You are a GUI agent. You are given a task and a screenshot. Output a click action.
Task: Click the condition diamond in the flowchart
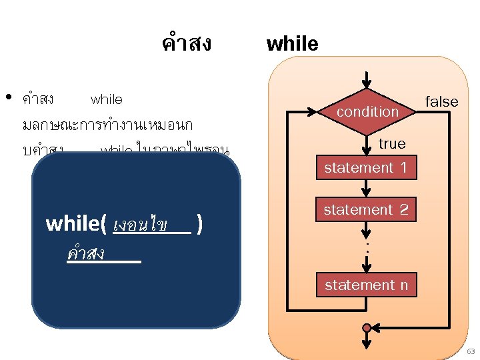(367, 112)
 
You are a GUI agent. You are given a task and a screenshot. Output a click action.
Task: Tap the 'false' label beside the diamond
(441, 101)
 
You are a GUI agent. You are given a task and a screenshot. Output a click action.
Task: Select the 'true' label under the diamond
(391, 143)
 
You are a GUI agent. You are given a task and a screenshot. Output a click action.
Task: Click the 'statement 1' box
(366, 168)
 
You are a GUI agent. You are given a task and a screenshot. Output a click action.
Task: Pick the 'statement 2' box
(366, 210)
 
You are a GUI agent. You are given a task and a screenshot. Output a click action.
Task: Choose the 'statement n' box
(366, 285)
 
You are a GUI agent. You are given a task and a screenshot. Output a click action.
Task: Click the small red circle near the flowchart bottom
(366, 328)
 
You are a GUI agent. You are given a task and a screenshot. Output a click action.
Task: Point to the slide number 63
(470, 351)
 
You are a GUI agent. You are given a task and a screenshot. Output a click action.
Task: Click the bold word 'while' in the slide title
(292, 45)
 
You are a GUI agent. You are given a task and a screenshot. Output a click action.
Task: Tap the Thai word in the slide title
(186, 44)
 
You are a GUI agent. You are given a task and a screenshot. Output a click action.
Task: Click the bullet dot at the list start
(9, 97)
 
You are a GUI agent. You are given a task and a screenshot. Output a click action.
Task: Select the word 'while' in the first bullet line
(107, 99)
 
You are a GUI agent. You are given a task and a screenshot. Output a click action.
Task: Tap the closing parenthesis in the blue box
(200, 223)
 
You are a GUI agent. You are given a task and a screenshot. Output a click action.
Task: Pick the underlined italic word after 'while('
(141, 223)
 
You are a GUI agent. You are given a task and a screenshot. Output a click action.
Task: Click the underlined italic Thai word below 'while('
(86, 253)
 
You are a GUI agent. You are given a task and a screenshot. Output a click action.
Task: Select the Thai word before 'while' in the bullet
(38, 99)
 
